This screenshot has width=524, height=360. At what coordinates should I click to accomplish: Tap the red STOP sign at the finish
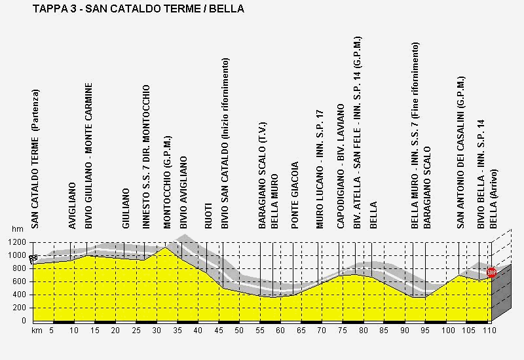[x=491, y=272]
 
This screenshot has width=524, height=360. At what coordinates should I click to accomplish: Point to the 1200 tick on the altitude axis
[x=17, y=242]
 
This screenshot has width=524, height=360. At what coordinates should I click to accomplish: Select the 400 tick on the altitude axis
[x=19, y=295]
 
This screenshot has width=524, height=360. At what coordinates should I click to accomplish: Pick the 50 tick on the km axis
[x=239, y=331]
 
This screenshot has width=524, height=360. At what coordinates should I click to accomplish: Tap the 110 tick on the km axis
[x=487, y=331]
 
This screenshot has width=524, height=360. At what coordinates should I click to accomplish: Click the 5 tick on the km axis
[x=51, y=331]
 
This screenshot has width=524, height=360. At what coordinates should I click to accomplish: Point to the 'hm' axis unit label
[x=17, y=230]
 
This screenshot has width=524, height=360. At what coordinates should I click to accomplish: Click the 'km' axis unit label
[x=37, y=331]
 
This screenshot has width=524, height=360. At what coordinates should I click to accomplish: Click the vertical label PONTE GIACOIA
[x=295, y=195]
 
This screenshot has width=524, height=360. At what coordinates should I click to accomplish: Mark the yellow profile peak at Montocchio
[x=166, y=247]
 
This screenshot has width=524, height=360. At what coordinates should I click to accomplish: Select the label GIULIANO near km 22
[x=126, y=208]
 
